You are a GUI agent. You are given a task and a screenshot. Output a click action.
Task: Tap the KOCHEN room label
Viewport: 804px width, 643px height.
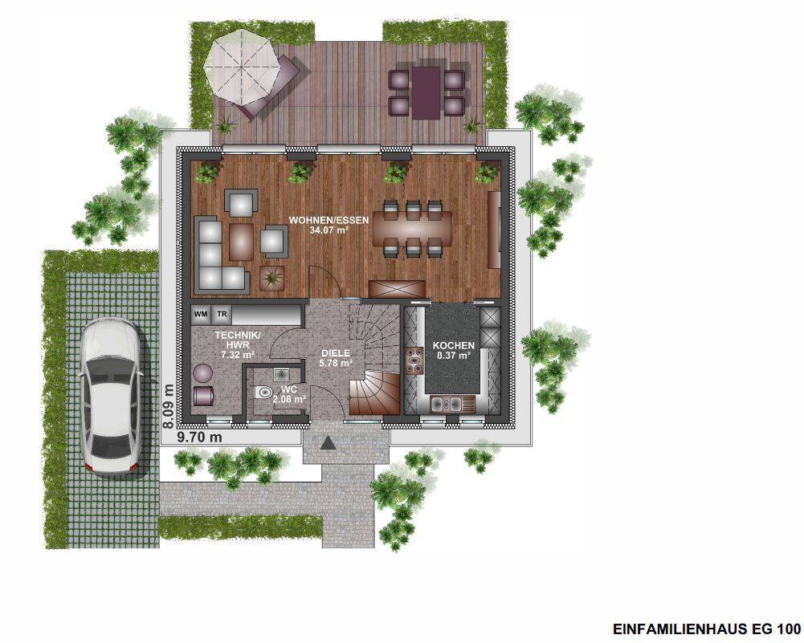[455, 345]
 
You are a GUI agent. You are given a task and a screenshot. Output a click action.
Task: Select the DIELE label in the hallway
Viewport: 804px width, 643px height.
[337, 352]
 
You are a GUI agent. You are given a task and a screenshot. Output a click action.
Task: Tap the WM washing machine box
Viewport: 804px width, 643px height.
[201, 314]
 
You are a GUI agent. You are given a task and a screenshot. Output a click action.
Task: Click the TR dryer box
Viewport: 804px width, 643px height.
[221, 314]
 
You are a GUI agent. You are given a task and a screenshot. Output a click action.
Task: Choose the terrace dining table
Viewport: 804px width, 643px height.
[426, 91]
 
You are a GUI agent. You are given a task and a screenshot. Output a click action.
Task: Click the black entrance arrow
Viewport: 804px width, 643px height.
[328, 442]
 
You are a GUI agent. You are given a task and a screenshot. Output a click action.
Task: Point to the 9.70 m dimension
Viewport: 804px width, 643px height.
[199, 437]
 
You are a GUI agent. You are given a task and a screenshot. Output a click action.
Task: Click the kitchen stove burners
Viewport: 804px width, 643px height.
[414, 362]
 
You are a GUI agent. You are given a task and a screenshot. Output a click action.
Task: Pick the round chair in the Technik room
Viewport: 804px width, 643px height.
[203, 372]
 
